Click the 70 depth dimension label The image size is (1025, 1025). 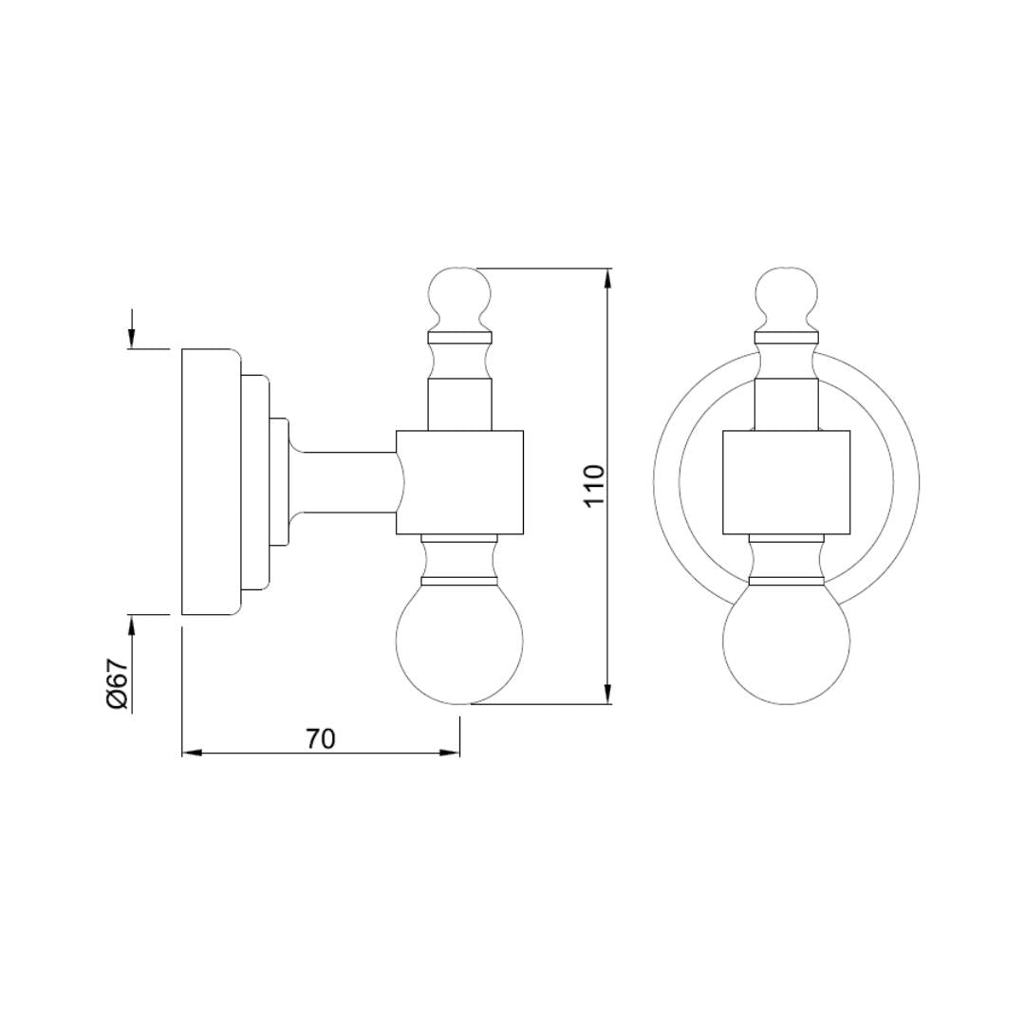click(x=321, y=738)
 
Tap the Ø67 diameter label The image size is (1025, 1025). click(x=117, y=683)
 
